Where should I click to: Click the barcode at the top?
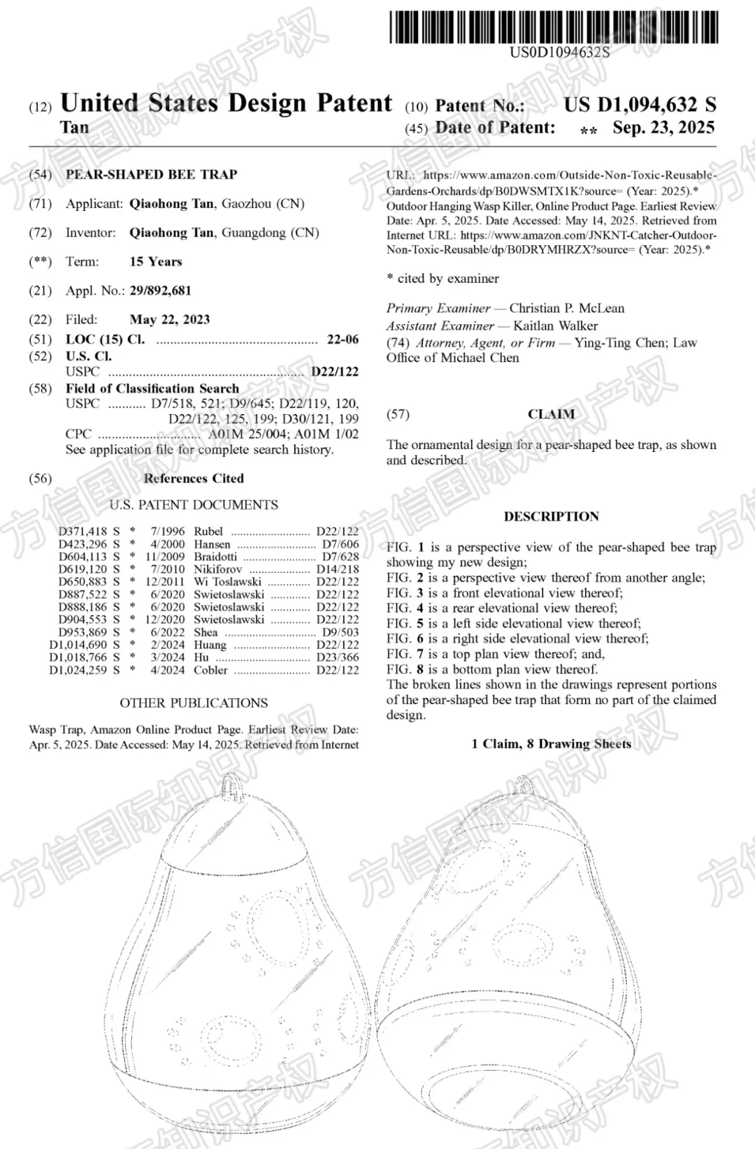click(x=553, y=28)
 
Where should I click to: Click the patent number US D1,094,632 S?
click(x=640, y=105)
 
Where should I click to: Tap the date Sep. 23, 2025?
click(x=663, y=128)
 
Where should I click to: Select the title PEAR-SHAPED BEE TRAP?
click(x=152, y=175)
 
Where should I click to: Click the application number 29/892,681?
click(x=160, y=291)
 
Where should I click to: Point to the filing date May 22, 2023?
click(x=169, y=320)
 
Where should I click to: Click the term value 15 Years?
click(x=155, y=262)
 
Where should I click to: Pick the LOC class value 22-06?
click(x=343, y=339)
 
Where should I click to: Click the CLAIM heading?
click(x=551, y=414)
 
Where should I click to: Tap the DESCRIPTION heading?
click(x=551, y=517)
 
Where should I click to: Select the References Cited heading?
click(x=194, y=478)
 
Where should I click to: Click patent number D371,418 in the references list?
click(x=82, y=532)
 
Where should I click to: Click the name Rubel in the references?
click(x=208, y=532)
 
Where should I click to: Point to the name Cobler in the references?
click(x=211, y=670)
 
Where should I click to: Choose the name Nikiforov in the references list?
click(x=218, y=569)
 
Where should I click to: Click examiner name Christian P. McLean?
click(x=566, y=308)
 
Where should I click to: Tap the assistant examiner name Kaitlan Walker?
click(x=555, y=325)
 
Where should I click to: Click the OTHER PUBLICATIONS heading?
click(x=194, y=703)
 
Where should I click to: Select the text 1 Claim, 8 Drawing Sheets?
click(x=551, y=744)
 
